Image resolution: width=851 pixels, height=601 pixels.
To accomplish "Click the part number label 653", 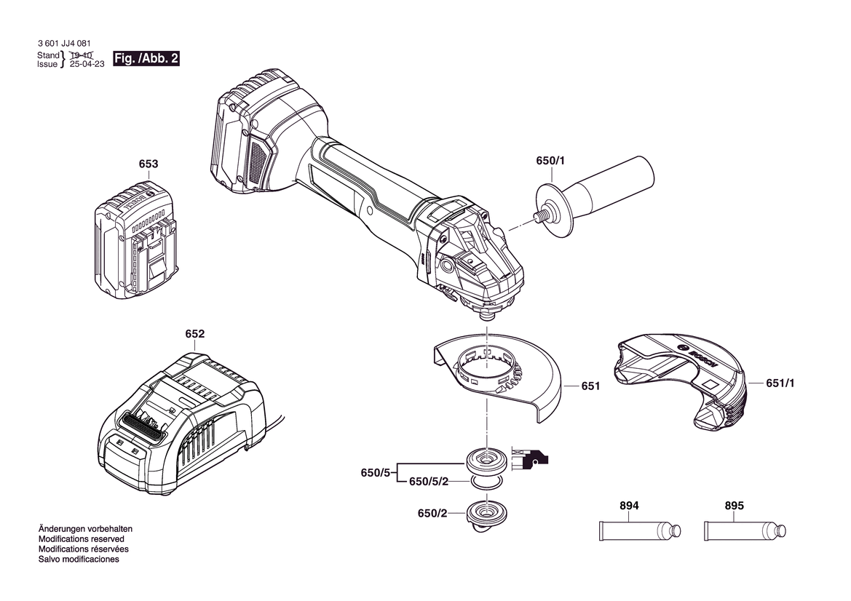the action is pyautogui.click(x=149, y=164).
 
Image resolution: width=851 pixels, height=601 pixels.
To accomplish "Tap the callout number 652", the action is pyautogui.click(x=195, y=333).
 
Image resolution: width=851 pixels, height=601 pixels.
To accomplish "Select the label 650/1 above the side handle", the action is pyautogui.click(x=550, y=161).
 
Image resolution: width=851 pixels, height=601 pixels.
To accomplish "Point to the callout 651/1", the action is pyautogui.click(x=780, y=383).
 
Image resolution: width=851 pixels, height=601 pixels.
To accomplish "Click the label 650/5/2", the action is pyautogui.click(x=429, y=482).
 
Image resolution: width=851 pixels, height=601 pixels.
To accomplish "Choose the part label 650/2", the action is pyautogui.click(x=432, y=513).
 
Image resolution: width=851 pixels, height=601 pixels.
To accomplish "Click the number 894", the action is pyautogui.click(x=629, y=506).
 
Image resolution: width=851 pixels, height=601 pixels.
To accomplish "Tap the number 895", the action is pyautogui.click(x=735, y=506).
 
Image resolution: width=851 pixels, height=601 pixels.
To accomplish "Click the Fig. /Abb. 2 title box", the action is pyautogui.click(x=146, y=59).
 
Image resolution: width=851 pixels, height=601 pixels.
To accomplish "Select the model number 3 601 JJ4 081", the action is pyautogui.click(x=65, y=44).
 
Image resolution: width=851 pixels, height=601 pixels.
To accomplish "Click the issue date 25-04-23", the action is pyautogui.click(x=87, y=64).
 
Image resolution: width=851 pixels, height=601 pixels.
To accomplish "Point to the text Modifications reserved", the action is pyautogui.click(x=82, y=539).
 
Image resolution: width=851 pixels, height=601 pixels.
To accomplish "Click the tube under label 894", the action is pyautogui.click(x=640, y=530).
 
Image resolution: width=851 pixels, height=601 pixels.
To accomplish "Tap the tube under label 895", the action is pyautogui.click(x=745, y=530).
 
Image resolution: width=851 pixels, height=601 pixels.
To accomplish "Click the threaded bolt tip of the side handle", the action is pyautogui.click(x=539, y=215).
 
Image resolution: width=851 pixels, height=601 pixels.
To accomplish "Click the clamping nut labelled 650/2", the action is pyautogui.click(x=486, y=515).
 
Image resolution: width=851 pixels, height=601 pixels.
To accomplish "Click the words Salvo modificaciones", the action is pyautogui.click(x=79, y=560).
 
